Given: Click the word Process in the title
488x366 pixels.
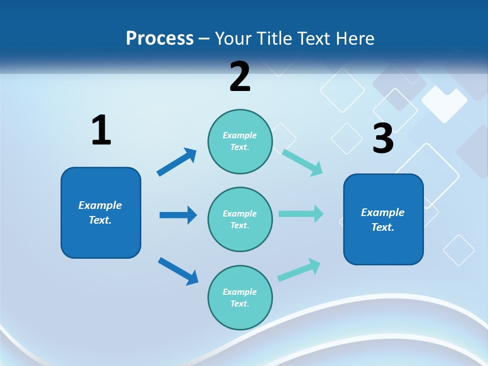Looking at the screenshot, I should (x=160, y=39).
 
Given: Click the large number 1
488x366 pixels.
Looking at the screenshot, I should (x=101, y=131).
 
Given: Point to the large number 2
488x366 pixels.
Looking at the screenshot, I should (x=240, y=77).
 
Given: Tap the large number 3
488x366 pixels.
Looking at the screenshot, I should (x=383, y=138).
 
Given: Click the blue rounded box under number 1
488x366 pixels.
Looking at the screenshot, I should (x=101, y=212).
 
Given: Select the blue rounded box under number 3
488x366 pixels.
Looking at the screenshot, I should (x=383, y=219).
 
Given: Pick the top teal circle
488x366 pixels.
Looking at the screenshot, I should (x=240, y=141).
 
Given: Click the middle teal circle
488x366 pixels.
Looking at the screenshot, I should (x=240, y=219).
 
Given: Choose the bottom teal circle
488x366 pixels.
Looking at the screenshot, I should (x=240, y=297).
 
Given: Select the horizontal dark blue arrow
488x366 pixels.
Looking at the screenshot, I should (x=178, y=215).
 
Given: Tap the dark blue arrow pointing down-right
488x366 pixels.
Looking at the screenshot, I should (x=178, y=271).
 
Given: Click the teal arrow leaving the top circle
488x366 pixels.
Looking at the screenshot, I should (x=302, y=162).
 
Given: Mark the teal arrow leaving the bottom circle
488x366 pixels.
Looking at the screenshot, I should (x=299, y=269).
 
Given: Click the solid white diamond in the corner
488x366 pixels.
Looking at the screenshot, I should (x=444, y=102).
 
